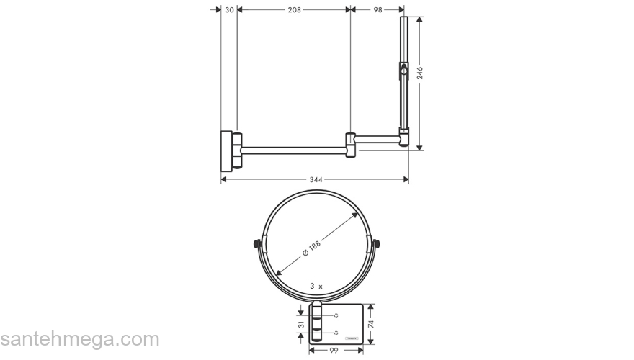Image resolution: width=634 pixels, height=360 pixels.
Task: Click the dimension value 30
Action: tap(229, 10)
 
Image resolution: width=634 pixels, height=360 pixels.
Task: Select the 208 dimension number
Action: tap(294, 10)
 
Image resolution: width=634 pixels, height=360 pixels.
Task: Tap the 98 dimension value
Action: tap(378, 10)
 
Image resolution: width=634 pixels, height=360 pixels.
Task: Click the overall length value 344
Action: tap(315, 179)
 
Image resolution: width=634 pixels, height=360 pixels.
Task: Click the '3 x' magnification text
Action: tap(316, 286)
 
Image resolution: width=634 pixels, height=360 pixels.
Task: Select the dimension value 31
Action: tap(300, 325)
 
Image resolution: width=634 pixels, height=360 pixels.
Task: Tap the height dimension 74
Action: tap(370, 325)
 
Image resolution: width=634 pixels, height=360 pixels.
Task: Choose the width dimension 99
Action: tap(334, 351)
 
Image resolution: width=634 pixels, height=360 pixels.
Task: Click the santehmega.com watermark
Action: tap(79, 339)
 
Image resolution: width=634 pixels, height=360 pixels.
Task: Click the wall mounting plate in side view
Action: tap(226, 150)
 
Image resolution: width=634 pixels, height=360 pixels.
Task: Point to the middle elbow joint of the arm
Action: tap(351, 145)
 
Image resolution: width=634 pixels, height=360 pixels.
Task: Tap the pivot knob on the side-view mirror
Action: tap(403, 71)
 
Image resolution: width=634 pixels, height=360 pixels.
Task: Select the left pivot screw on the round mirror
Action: tap(256, 243)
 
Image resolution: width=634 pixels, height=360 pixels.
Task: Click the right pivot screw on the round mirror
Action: tap(375, 243)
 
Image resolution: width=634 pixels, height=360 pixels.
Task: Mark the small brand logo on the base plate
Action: tap(351, 336)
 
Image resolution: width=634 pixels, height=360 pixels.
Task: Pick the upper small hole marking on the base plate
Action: tap(336, 315)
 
